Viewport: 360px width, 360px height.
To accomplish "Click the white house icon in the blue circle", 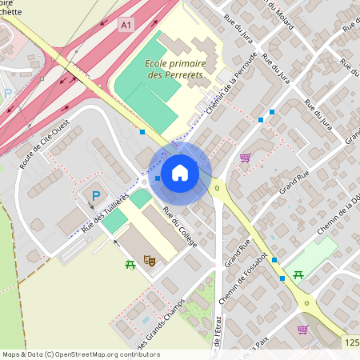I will [x=180, y=172].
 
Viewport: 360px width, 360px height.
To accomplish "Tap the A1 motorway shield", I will [x=126, y=26].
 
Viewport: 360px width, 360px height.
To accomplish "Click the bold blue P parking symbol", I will [x=96, y=195].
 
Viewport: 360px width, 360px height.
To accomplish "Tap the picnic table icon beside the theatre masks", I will [x=130, y=263].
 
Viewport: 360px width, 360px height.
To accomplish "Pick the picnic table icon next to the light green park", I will [x=298, y=274].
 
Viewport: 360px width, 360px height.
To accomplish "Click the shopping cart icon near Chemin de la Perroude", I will [x=244, y=158].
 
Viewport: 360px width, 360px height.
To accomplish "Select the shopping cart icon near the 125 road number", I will [x=302, y=329].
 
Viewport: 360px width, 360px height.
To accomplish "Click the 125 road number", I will [x=353, y=342].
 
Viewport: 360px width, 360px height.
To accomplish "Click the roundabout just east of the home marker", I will [x=217, y=189].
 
